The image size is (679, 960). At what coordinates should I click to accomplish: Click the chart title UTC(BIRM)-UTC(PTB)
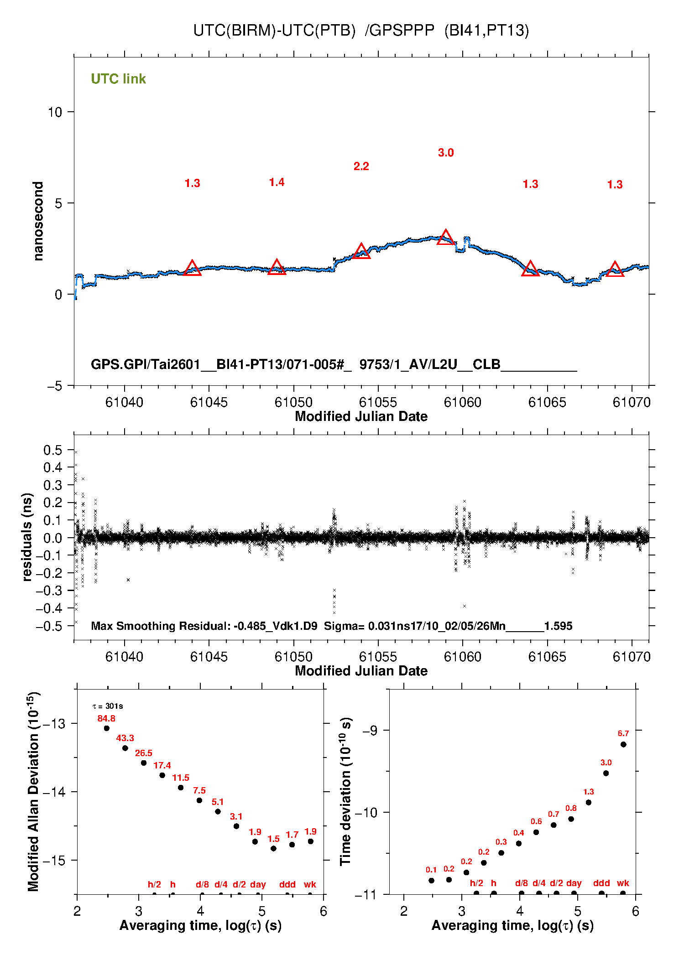pyautogui.click(x=274, y=31)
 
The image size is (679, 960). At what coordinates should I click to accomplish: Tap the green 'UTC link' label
pyautogui.click(x=118, y=79)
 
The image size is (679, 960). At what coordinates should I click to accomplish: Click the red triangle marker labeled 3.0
pyautogui.click(x=446, y=238)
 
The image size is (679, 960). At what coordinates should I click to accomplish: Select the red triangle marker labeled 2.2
pyautogui.click(x=361, y=251)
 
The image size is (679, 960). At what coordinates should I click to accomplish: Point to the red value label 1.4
pyautogui.click(x=277, y=182)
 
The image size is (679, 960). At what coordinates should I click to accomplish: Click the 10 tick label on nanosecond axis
pyautogui.click(x=55, y=112)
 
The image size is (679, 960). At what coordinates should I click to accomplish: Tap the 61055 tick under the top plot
pyautogui.click(x=378, y=402)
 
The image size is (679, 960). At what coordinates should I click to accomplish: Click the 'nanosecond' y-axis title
pyautogui.click(x=38, y=221)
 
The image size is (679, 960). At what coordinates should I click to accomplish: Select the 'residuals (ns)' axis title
pyautogui.click(x=27, y=537)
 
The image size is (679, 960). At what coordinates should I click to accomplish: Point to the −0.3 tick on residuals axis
pyautogui.click(x=49, y=591)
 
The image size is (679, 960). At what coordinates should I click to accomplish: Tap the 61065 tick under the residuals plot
pyautogui.click(x=547, y=657)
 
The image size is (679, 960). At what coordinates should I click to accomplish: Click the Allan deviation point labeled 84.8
pyautogui.click(x=107, y=728)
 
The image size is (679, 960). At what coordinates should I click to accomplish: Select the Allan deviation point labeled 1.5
pyautogui.click(x=273, y=849)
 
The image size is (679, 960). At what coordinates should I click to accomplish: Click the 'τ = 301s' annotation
pyautogui.click(x=108, y=706)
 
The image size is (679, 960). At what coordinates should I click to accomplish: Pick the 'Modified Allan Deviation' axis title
pyautogui.click(x=33, y=791)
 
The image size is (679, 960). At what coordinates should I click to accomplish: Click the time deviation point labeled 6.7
pyautogui.click(x=623, y=745)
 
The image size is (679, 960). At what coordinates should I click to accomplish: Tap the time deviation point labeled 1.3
pyautogui.click(x=589, y=803)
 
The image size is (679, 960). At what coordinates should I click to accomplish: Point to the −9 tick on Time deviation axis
pyautogui.click(x=370, y=731)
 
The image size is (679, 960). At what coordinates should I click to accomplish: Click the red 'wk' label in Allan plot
pyautogui.click(x=310, y=884)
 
